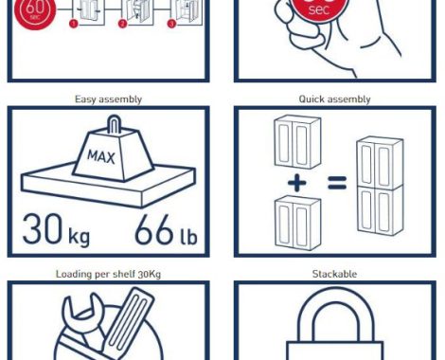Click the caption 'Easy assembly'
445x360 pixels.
click(108, 99)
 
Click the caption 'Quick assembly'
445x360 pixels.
click(334, 99)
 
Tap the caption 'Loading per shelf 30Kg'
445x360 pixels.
click(108, 274)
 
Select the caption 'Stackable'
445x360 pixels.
click(334, 274)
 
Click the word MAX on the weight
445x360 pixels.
click(101, 156)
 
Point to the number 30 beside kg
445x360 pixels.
click(43, 228)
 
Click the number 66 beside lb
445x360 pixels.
click(154, 229)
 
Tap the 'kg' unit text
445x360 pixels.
click(80, 236)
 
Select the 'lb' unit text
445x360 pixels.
click(188, 235)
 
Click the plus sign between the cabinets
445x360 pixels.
click(297, 183)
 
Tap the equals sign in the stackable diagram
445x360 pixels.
click(337, 183)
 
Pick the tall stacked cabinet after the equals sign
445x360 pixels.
click(380, 186)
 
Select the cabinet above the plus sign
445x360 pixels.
click(297, 142)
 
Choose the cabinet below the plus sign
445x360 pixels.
click(297, 223)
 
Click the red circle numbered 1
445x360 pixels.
click(73, 24)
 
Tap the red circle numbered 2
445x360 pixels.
click(122, 24)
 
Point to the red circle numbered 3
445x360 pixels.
click(171, 24)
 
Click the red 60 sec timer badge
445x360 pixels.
click(35, 12)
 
